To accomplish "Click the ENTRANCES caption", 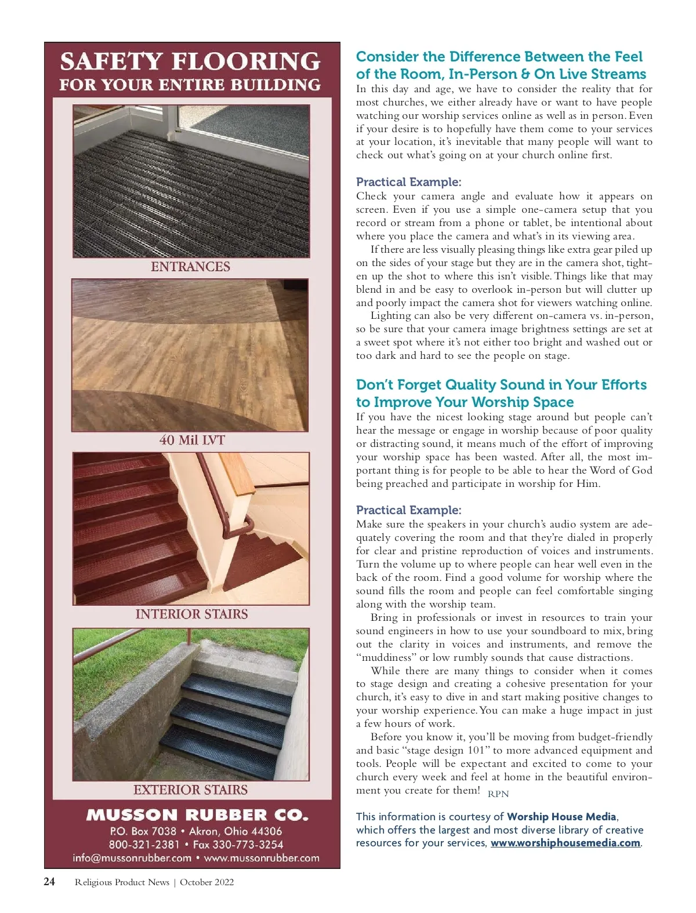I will pyautogui.click(x=190, y=267).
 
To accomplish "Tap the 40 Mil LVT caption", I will pyautogui.click(x=192, y=440).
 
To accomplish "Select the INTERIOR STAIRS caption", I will pyautogui.click(x=191, y=614).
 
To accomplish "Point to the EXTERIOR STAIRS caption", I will pyautogui.click(x=190, y=790).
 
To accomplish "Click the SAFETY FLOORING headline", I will pyautogui.click(x=190, y=61).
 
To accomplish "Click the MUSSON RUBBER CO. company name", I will pyautogui.click(x=197, y=815).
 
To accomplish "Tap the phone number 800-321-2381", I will pyautogui.click(x=144, y=845).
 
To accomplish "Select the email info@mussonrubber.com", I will pyautogui.click(x=132, y=858).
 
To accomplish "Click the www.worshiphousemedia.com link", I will pyautogui.click(x=565, y=843).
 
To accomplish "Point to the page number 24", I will pyautogui.click(x=50, y=882).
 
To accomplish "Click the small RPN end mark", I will pyautogui.click(x=498, y=794).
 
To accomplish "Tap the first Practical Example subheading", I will pyautogui.click(x=408, y=182).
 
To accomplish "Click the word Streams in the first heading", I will pyautogui.click(x=619, y=74).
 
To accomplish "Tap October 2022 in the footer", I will pyautogui.click(x=207, y=882).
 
